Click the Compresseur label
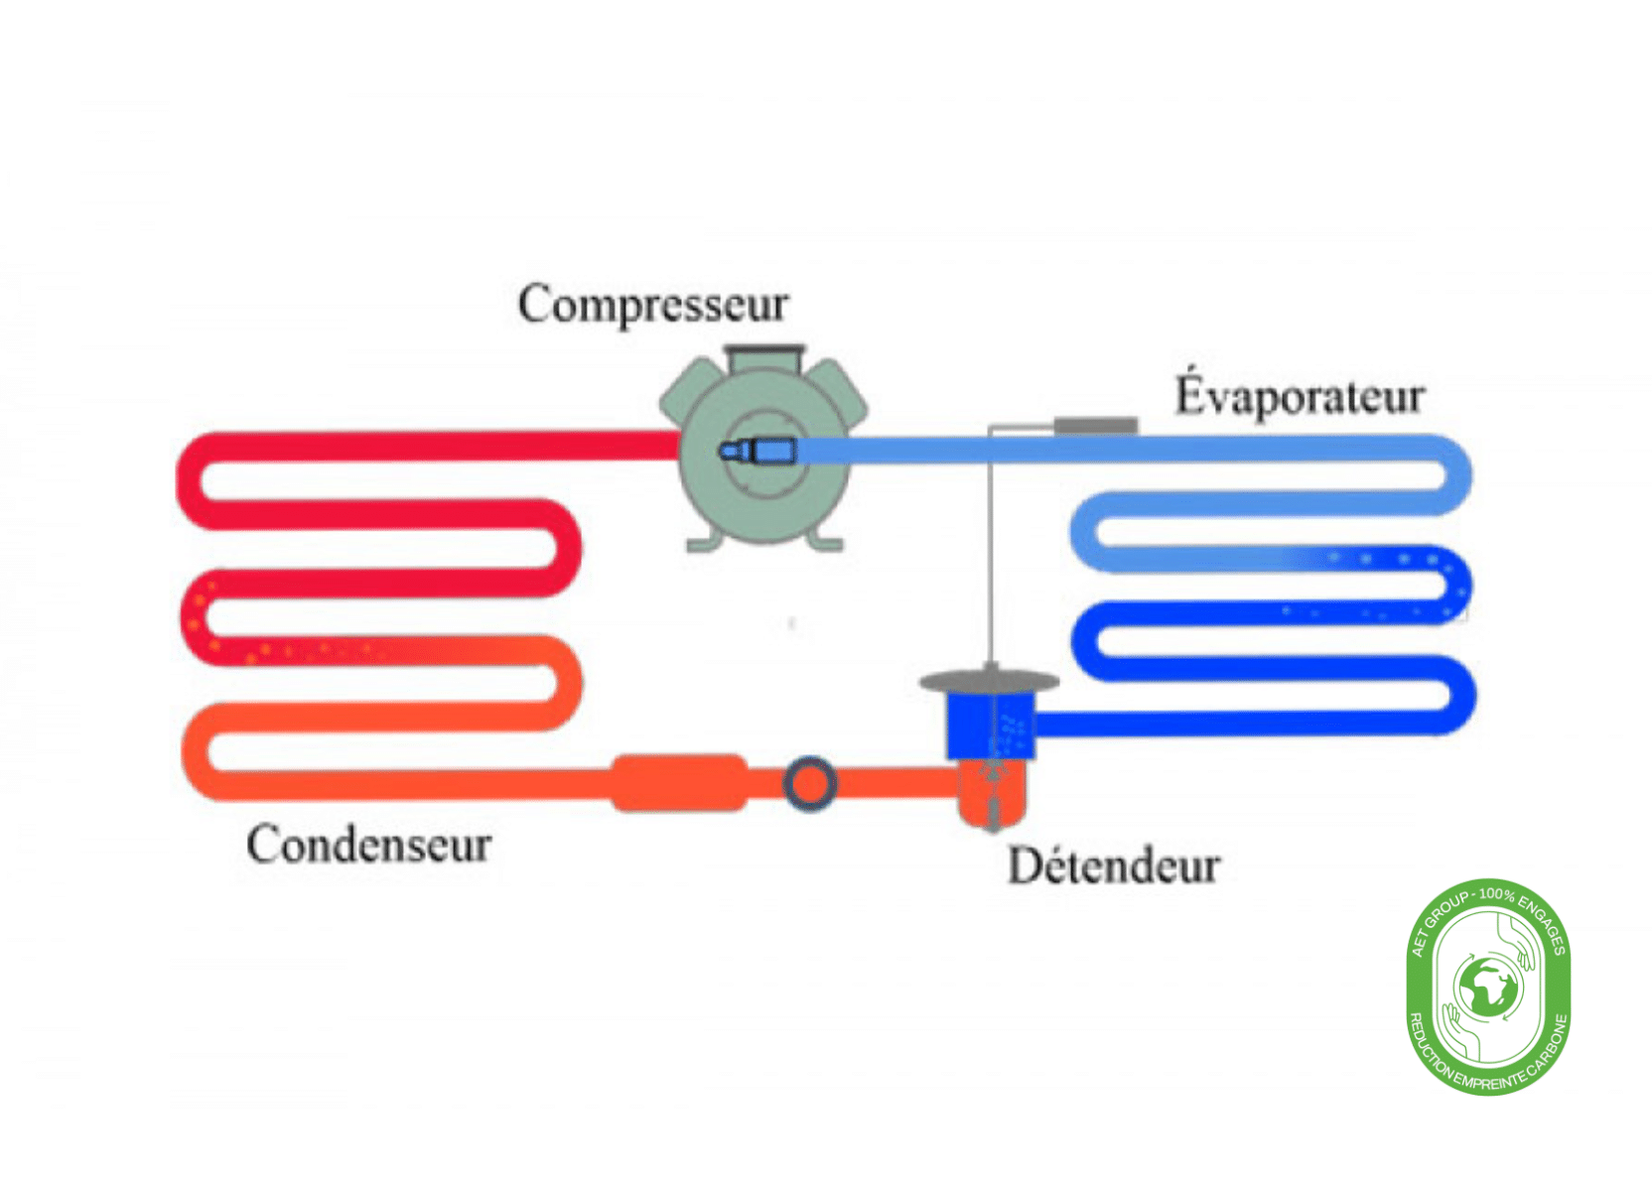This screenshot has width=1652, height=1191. (x=653, y=304)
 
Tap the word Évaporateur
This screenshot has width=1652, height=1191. (x=1300, y=395)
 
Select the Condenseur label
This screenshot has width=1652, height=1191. (x=368, y=845)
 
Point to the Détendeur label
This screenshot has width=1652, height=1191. (x=1114, y=865)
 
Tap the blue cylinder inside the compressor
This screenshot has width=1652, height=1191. (x=772, y=452)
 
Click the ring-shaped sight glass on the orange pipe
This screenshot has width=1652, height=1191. (x=809, y=784)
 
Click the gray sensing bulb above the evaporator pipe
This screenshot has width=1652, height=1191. (x=1095, y=425)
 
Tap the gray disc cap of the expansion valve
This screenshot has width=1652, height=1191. (x=989, y=682)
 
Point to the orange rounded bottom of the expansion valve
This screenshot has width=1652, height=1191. (x=990, y=799)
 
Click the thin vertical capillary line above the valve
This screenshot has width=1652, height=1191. (x=990, y=556)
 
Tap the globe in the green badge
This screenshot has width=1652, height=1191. (x=1487, y=988)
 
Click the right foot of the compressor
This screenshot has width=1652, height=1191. (x=826, y=542)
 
